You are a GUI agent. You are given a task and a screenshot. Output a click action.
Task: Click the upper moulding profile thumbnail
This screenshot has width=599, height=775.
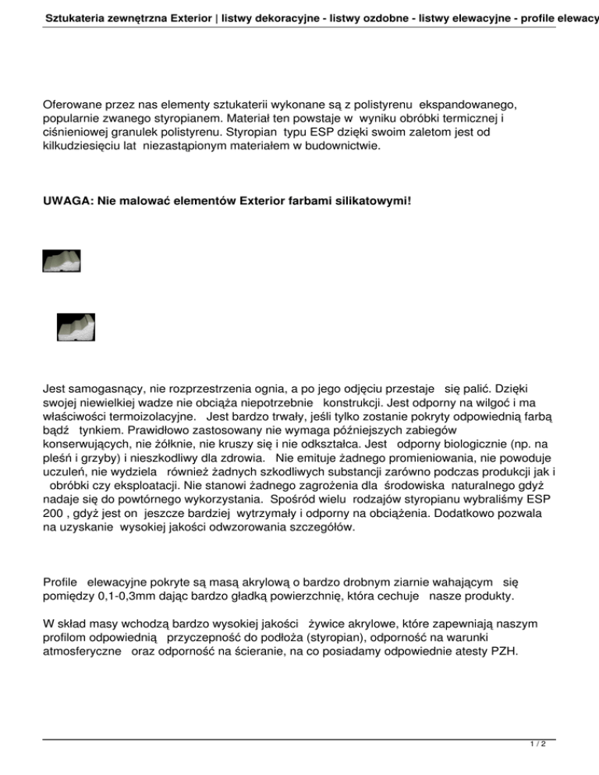pos(62,260)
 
